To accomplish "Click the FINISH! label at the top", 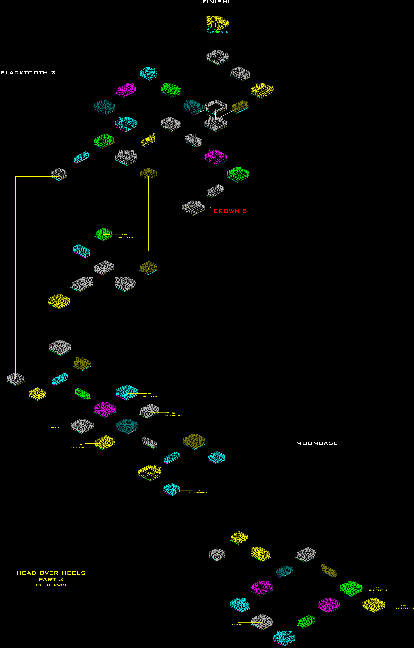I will pos(216,2).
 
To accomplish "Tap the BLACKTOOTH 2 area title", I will pos(28,73).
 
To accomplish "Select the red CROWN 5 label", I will pos(230,211).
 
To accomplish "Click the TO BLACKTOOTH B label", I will pos(405,607).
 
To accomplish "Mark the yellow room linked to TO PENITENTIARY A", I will pos(105,442).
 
